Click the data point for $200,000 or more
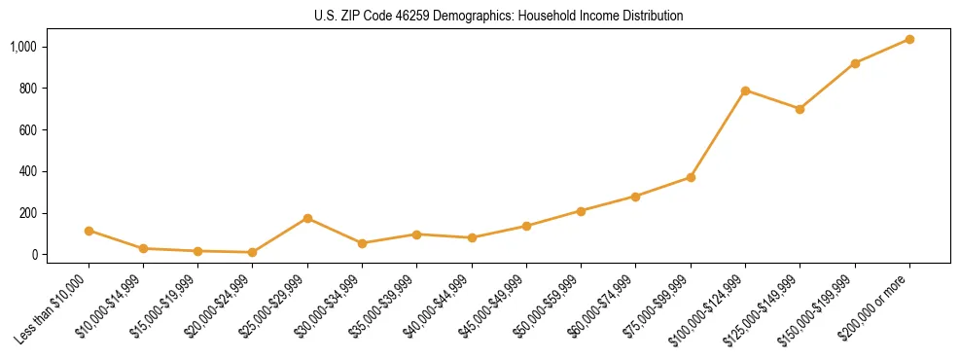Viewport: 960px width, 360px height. [x=909, y=39]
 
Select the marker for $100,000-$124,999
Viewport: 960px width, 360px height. [x=745, y=90]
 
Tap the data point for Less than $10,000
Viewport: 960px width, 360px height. [x=89, y=231]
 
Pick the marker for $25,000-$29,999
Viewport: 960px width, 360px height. [x=307, y=218]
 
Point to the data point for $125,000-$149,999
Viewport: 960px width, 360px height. [x=800, y=109]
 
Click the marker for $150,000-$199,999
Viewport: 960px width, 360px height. [x=855, y=63]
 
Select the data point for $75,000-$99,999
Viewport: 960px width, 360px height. [x=691, y=177]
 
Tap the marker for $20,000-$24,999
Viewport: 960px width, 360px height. [x=253, y=252]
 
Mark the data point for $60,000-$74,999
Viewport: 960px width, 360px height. [x=635, y=197]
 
